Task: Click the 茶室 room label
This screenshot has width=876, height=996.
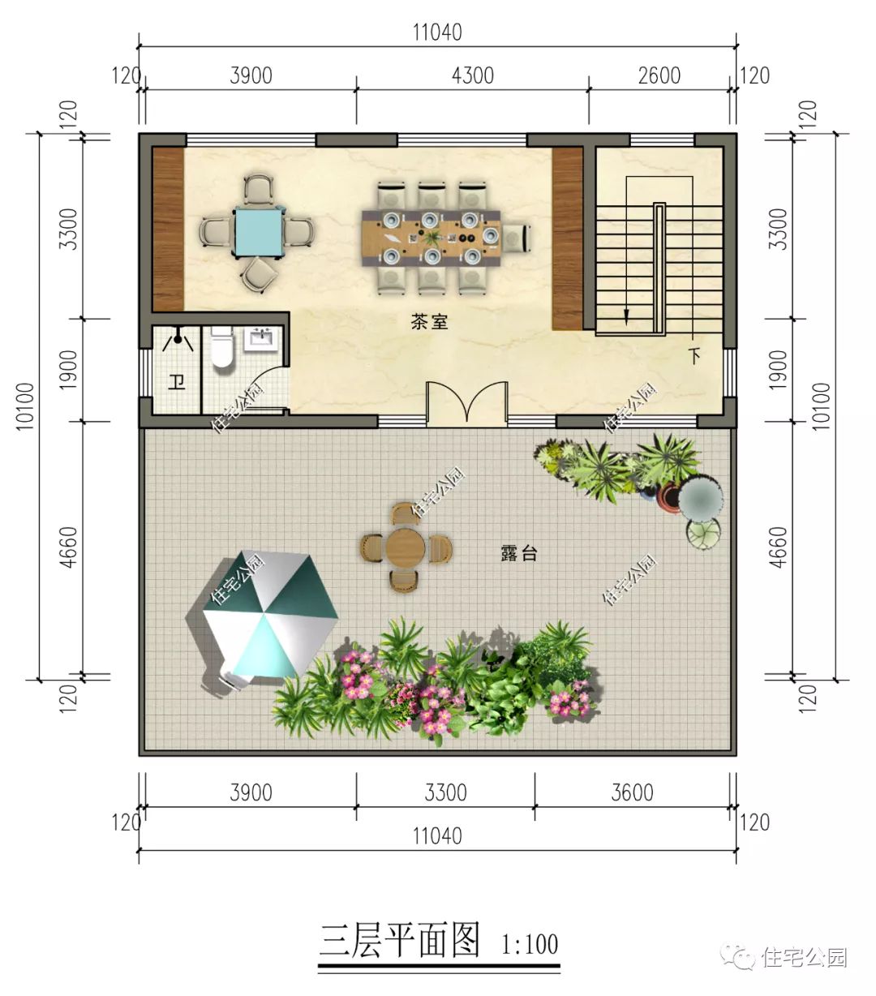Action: [x=429, y=322]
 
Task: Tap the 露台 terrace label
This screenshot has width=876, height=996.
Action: [x=518, y=554]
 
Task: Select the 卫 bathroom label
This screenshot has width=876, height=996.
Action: [x=176, y=381]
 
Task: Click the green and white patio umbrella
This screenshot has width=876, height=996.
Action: [x=270, y=614]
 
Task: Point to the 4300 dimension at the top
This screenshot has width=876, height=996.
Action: [x=472, y=75]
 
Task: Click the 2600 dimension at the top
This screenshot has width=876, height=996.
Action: [x=659, y=75]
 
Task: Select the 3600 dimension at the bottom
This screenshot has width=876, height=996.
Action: [x=632, y=792]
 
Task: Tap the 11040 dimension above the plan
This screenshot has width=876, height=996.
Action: [x=437, y=32]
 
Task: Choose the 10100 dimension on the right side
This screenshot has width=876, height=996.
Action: [x=821, y=406]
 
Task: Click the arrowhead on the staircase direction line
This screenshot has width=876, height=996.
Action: [x=627, y=316]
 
